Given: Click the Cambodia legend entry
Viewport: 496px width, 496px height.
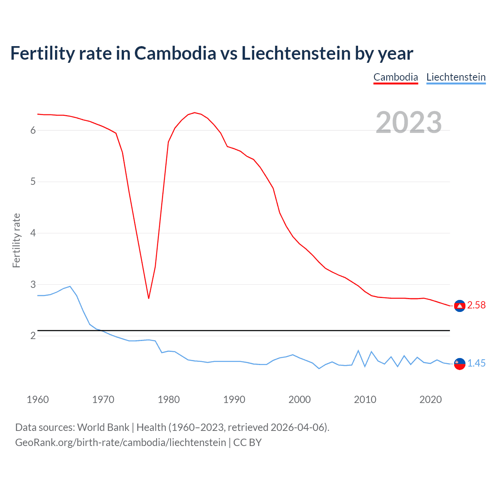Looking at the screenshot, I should coord(396,77).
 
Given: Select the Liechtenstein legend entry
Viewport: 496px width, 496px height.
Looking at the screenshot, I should coord(456,77).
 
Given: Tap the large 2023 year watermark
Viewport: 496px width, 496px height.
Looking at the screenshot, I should coord(408,122).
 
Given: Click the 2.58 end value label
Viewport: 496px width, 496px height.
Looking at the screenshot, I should coord(476,305).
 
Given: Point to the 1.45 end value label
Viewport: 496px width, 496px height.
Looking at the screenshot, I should coord(476,363).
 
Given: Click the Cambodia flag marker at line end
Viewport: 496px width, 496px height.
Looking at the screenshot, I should coord(460,306).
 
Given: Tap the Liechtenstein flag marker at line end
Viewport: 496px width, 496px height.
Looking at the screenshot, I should coord(460,364).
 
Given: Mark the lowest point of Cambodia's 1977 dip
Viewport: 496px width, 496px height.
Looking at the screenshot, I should coord(148,298).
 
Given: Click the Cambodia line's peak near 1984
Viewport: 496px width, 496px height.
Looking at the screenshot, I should coord(194,113).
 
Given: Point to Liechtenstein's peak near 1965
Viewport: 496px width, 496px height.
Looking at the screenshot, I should coord(70,286).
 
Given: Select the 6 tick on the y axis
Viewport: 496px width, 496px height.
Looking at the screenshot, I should coord(33,131).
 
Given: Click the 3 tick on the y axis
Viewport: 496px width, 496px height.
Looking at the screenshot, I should coord(33,285).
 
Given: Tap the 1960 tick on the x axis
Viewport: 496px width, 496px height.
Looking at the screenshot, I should coord(38,400).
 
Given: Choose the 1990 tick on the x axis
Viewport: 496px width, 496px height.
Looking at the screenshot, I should coord(234,400).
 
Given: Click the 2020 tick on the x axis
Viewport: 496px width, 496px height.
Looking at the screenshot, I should coord(431,400).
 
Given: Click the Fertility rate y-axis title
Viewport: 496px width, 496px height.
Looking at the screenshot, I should coord(16,240).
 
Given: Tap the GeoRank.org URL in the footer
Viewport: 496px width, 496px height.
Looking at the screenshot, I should coord(121,443).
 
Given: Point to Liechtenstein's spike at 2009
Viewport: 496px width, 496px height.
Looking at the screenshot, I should coord(358,351).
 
